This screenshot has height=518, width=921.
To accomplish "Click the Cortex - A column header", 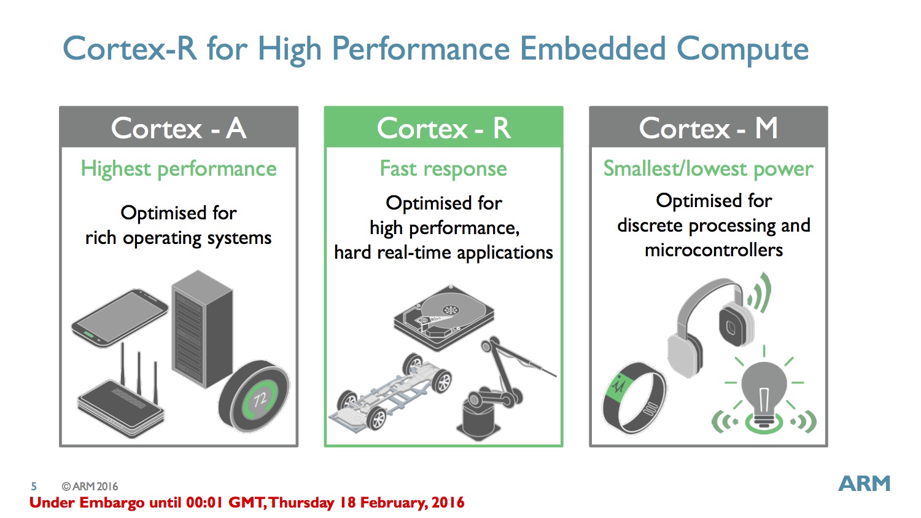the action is pos(179,127).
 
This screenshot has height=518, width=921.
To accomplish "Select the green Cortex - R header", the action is pos(444,127).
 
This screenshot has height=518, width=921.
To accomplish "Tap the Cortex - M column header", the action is pos(709,127).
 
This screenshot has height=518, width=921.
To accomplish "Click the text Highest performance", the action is pos(179,169).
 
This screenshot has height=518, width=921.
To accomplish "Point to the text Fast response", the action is pos(443,169).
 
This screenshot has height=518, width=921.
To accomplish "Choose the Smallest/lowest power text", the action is pos(708,169).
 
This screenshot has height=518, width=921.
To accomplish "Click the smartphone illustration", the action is pos(120,318).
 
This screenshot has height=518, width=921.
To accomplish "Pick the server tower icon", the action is pos(202,329).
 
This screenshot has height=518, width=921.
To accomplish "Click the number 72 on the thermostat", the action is pos(260,399).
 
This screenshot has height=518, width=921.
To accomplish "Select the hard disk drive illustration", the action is pos(444,317).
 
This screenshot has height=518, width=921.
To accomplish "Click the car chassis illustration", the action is pos(391,393).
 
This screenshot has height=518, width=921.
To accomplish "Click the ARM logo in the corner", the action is pos(865,484).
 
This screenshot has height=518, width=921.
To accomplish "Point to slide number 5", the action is pos(34,486).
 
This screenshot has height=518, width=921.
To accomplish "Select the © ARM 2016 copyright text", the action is pos(90,486).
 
